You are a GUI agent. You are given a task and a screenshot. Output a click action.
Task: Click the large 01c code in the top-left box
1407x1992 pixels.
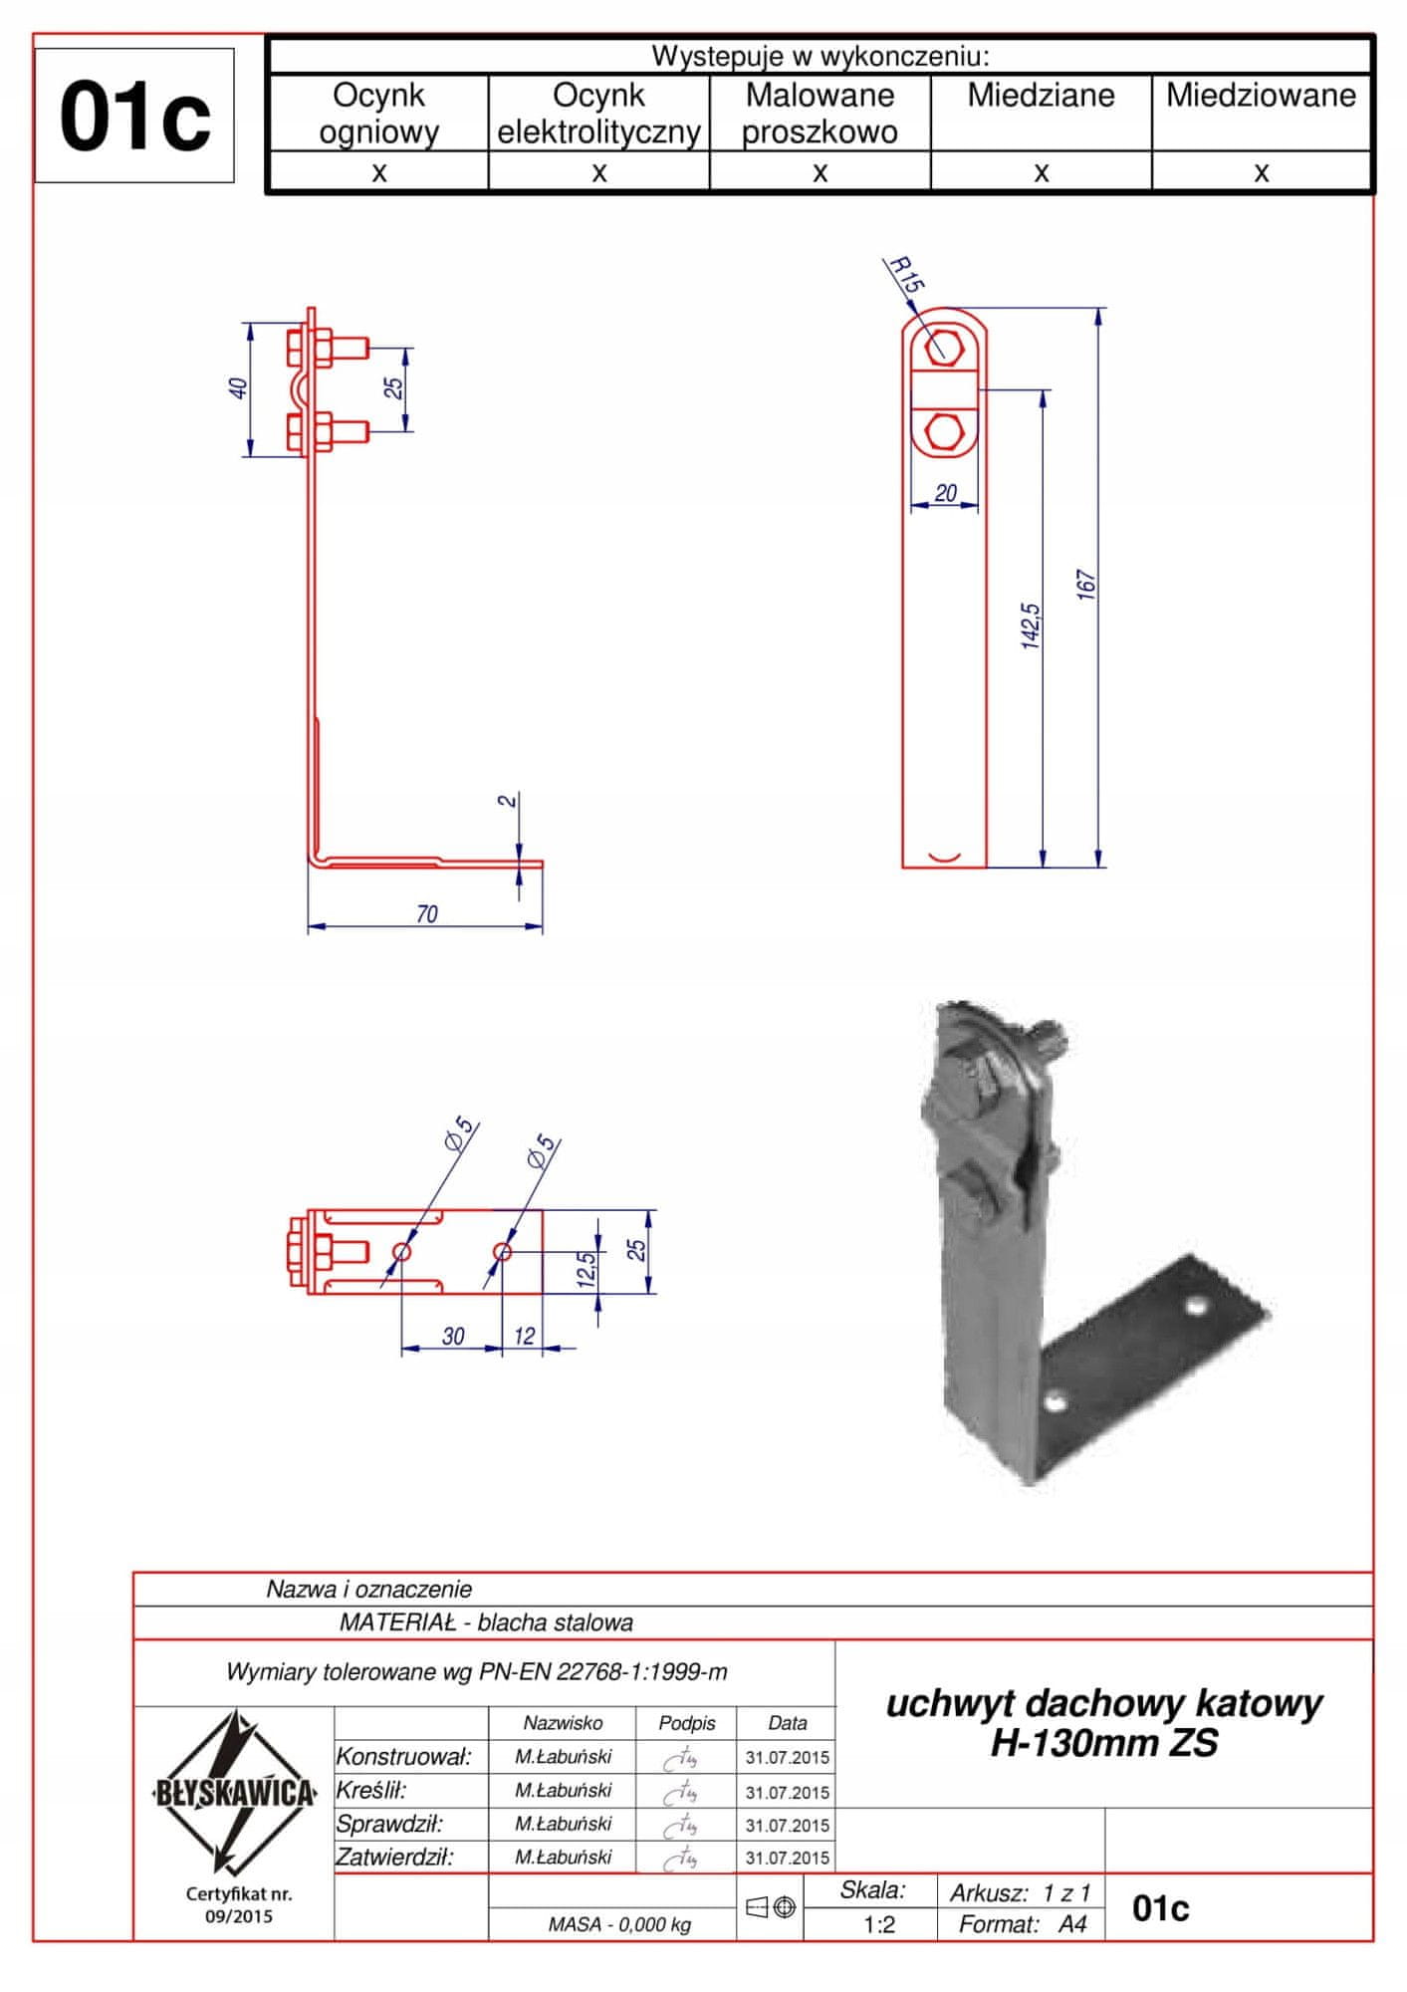coord(135,118)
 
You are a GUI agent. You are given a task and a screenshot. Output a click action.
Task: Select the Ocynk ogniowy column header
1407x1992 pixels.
coord(378,114)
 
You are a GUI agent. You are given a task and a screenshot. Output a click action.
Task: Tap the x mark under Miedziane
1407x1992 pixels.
coord(1042,173)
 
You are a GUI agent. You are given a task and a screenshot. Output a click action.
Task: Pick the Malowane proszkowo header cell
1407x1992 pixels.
coord(820,114)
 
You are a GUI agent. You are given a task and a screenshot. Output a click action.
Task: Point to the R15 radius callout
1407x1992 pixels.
coord(904,274)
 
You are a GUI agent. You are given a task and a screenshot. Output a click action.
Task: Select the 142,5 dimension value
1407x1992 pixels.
coord(1031,625)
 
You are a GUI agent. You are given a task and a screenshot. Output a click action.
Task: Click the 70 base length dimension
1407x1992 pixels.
coord(426,913)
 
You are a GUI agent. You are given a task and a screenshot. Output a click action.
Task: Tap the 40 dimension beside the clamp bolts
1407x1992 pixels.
coord(238,387)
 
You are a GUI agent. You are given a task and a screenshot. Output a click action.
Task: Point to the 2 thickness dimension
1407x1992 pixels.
coord(507,800)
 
